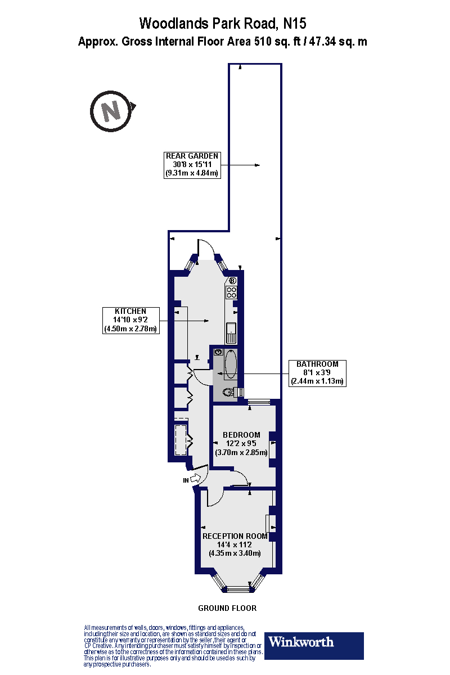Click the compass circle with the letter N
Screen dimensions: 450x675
(91, 111)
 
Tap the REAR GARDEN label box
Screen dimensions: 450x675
(192, 165)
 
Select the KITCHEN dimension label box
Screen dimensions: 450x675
(130, 320)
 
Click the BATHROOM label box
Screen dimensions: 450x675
(317, 373)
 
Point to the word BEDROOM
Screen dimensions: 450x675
(241, 435)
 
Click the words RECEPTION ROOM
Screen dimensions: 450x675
(235, 537)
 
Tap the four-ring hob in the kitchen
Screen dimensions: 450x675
(232, 292)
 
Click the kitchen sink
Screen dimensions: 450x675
(232, 333)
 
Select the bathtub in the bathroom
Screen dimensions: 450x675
(231, 364)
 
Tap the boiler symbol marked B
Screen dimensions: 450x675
(232, 281)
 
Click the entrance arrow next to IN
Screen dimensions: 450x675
(196, 478)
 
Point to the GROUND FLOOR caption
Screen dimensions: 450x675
(227, 608)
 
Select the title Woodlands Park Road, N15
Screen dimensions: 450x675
(223, 24)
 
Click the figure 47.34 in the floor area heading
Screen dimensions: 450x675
(322, 41)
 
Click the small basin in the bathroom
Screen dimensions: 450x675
(218, 352)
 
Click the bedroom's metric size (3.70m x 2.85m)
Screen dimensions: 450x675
(241, 452)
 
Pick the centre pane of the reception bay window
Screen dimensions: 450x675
(238, 588)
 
